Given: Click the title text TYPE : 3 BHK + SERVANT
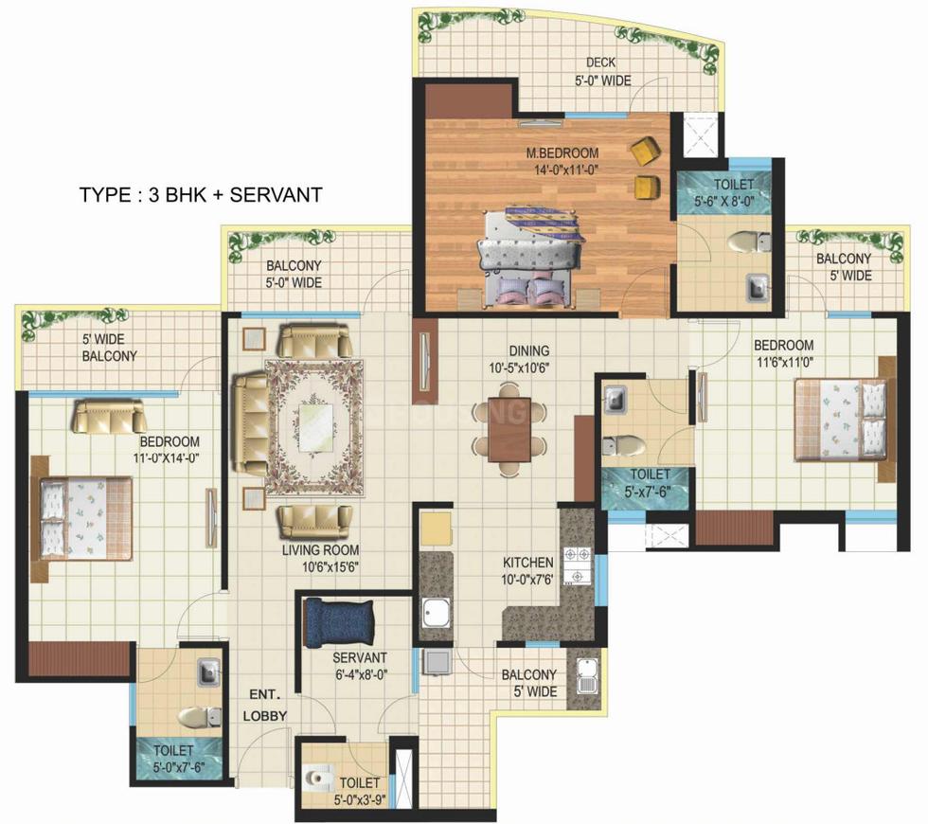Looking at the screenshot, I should coord(201,195).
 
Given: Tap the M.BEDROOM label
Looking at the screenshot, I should coord(562,161).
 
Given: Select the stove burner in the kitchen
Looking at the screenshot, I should coord(577,565).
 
